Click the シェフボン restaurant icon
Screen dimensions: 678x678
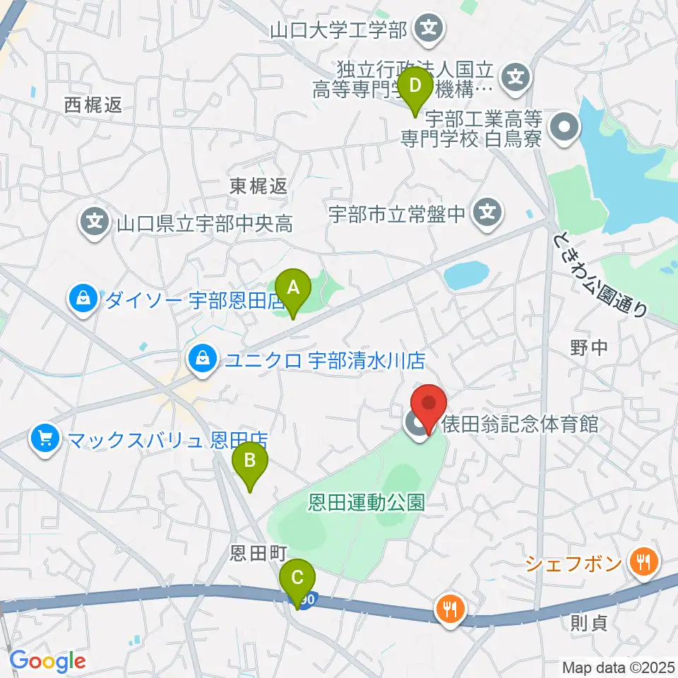tap(645, 563)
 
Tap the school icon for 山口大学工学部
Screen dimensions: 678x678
tap(429, 29)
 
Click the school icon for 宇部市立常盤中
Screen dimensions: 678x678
tap(486, 212)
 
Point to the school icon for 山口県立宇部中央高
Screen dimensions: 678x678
tap(95, 224)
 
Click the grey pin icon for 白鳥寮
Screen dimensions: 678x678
tap(566, 129)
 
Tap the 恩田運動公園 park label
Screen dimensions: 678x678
tap(367, 503)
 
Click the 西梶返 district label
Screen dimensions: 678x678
tap(93, 105)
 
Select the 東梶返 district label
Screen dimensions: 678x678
tap(258, 186)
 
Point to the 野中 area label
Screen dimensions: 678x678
tap(588, 347)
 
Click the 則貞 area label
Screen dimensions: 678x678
tap(588, 624)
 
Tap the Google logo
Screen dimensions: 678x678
tap(48, 661)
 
